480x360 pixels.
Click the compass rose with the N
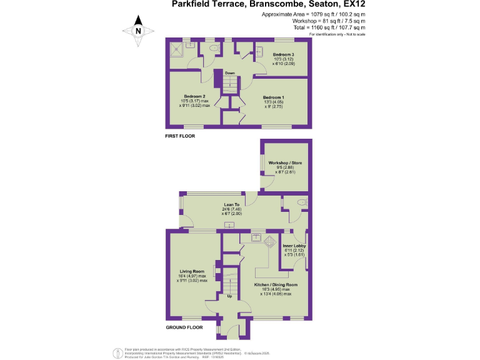point(139,31)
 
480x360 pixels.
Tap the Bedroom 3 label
point(274,55)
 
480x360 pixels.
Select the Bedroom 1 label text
point(273,97)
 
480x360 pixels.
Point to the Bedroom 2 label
point(194,96)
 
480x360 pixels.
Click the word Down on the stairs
point(230,73)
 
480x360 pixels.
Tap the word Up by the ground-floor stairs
point(229,296)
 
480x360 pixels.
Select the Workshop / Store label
point(285,163)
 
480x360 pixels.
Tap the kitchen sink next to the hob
point(256,237)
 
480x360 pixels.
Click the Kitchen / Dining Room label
point(276,284)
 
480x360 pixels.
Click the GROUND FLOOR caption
point(184,327)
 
